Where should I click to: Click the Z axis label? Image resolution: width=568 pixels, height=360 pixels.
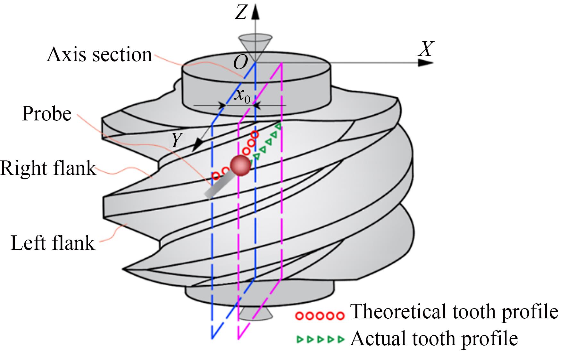[x=241, y=12]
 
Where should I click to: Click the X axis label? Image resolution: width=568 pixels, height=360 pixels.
[x=426, y=49]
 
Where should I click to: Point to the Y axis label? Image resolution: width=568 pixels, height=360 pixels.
[x=176, y=140]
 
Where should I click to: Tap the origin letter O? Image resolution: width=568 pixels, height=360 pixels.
[x=240, y=62]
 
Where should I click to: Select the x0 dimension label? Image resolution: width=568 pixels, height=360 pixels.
[x=242, y=95]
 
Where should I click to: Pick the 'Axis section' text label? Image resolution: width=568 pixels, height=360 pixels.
[x=99, y=54]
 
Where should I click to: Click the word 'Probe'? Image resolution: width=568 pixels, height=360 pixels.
[x=47, y=113]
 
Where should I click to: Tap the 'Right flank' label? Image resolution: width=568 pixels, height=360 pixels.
[x=48, y=168]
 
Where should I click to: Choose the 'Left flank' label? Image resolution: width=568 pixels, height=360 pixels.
[x=53, y=243]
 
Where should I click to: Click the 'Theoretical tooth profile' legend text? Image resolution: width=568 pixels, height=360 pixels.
[x=455, y=311]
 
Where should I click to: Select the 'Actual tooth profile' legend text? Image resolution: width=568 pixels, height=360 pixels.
[x=434, y=338]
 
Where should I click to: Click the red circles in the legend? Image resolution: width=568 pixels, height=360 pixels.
[x=320, y=316]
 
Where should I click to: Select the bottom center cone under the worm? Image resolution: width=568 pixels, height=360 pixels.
[x=255, y=314]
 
